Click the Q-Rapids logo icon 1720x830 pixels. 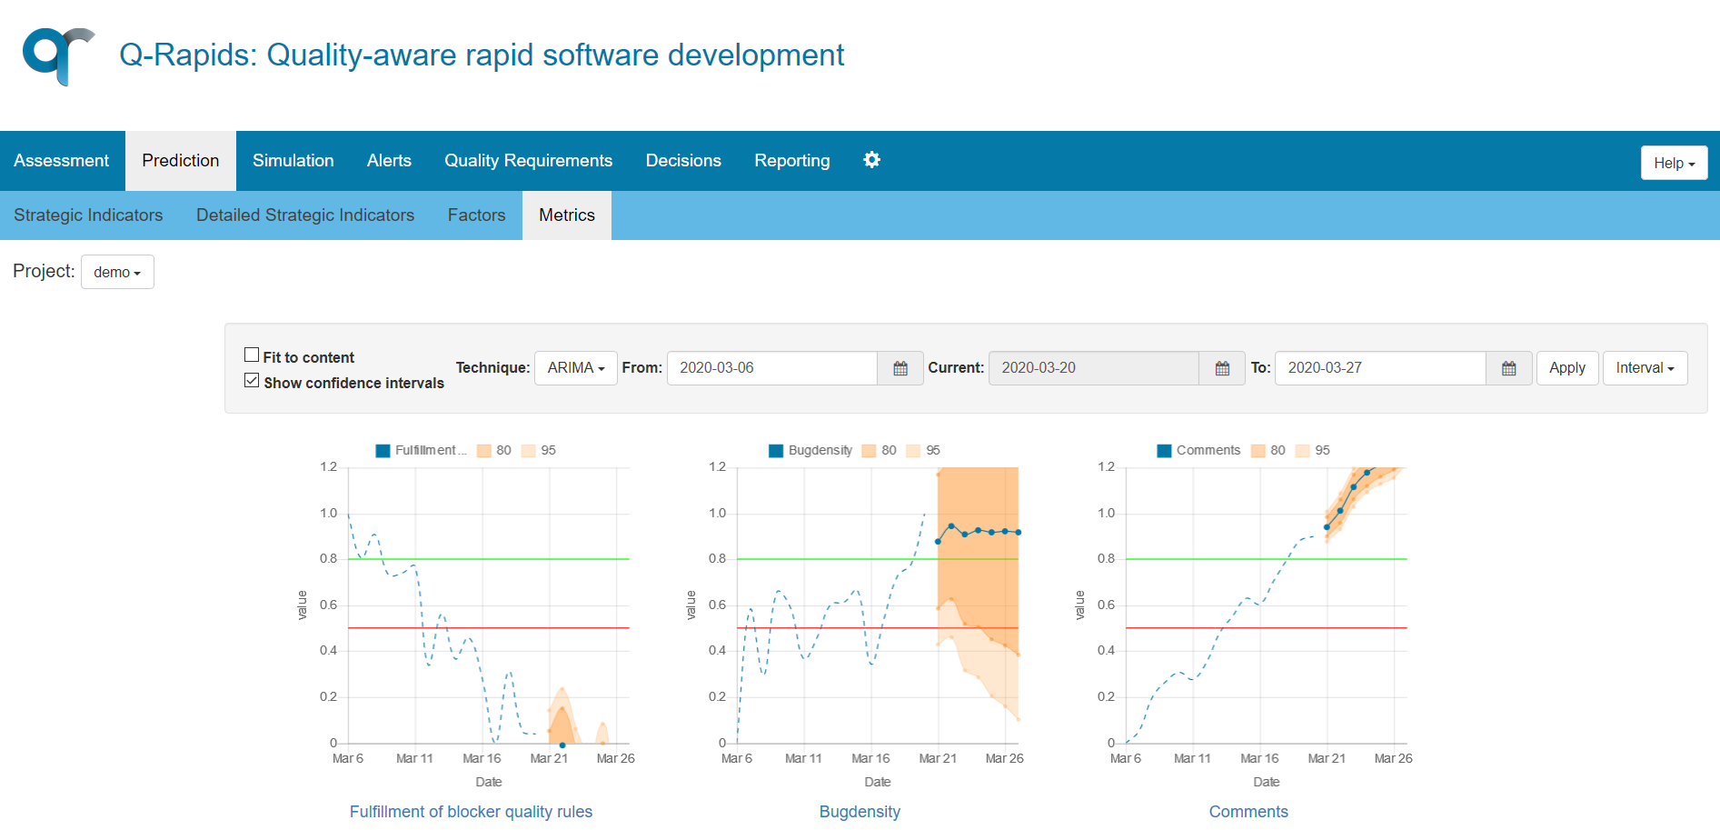[58, 55]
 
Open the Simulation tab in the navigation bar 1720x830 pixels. [293, 161]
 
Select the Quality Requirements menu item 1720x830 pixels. [528, 161]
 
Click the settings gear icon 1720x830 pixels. [871, 160]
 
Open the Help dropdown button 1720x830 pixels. [1674, 163]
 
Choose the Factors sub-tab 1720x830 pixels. [476, 215]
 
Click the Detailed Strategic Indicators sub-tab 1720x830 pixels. [305, 215]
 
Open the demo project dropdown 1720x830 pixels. [117, 272]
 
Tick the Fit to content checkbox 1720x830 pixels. [252, 355]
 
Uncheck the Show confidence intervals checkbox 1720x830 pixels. [252, 381]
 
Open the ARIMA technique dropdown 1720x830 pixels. [575, 368]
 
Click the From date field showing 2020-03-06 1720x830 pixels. [772, 368]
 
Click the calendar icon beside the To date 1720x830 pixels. [1508, 368]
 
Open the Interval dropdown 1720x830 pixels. [1645, 368]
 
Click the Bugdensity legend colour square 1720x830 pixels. [776, 451]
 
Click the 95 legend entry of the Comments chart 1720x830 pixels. [1313, 451]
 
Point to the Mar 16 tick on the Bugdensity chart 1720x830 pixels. [870, 758]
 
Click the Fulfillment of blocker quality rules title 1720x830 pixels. [471, 812]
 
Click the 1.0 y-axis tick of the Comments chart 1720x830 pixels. [1106, 513]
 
